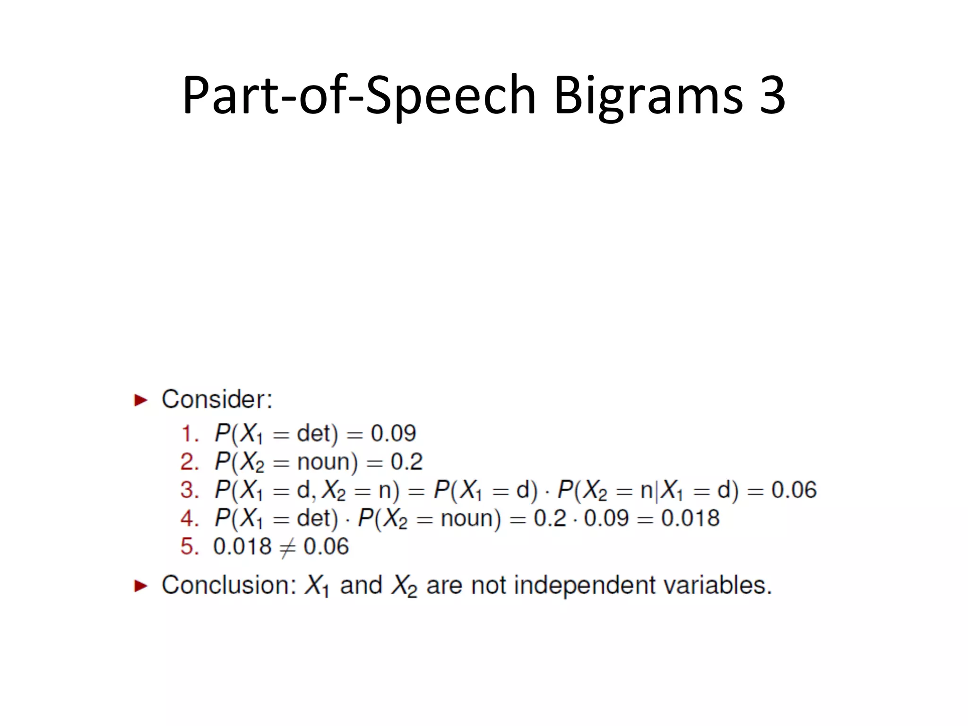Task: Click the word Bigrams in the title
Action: [648, 95]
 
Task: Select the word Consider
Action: [216, 399]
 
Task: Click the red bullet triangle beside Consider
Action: [141, 400]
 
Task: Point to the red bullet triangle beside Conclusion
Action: [141, 586]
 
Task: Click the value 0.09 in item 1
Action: [393, 433]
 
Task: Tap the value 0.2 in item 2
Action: [406, 462]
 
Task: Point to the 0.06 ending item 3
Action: [794, 490]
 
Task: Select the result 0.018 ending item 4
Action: [690, 519]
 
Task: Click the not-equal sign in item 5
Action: [287, 548]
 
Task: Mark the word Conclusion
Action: [228, 585]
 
